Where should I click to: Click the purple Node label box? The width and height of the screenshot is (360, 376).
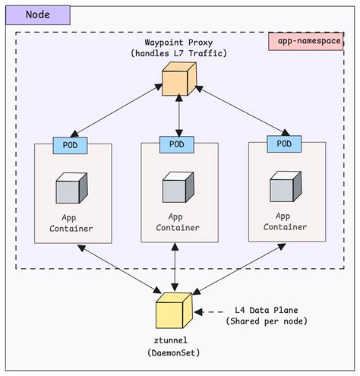[x=38, y=14]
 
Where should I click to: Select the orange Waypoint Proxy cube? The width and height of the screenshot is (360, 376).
[x=180, y=80]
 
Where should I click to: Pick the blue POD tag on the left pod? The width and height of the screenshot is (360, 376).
[x=69, y=144]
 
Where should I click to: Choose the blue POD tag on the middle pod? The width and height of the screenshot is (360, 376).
[x=176, y=144]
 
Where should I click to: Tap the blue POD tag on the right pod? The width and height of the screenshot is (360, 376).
[x=283, y=143]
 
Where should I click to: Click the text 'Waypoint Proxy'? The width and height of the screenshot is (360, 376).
[x=179, y=42]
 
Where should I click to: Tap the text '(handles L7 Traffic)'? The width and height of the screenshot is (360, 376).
[x=179, y=53]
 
